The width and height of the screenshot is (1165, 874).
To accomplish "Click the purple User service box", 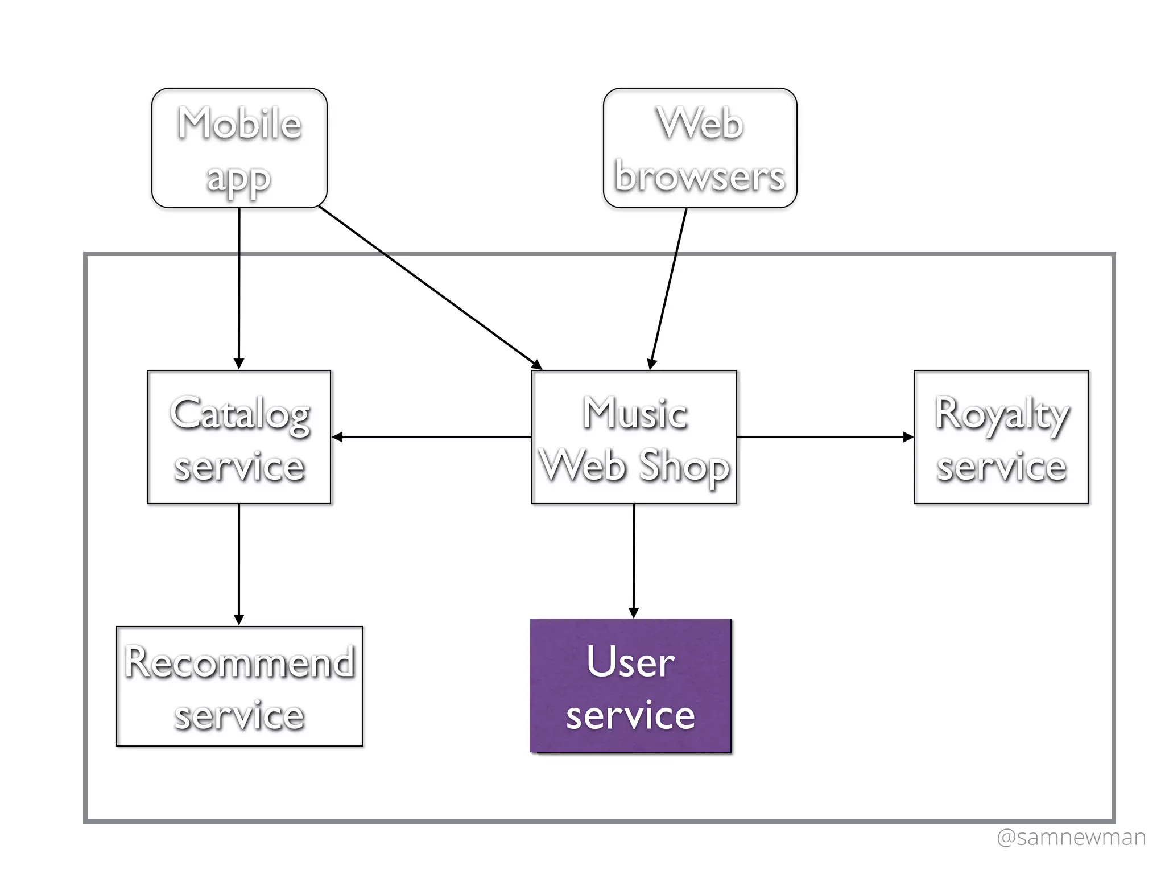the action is [x=630, y=686].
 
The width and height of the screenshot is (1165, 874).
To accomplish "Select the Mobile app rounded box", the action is [x=239, y=148].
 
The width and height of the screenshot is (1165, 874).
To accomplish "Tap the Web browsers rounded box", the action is [x=700, y=148].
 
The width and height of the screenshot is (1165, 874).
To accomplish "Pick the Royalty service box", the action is [x=1001, y=437].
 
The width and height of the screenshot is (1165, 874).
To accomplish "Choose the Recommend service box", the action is [x=239, y=686].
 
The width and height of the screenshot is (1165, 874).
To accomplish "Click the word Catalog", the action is [x=240, y=414].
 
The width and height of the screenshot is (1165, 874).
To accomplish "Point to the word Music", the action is [x=635, y=413].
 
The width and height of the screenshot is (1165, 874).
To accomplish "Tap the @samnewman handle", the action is [x=1071, y=837].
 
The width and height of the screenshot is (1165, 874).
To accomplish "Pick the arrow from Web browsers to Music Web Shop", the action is [x=668, y=287].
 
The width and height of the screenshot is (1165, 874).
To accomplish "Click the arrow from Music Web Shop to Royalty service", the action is [x=825, y=437].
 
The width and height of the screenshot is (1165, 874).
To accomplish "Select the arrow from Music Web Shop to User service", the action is [x=634, y=560].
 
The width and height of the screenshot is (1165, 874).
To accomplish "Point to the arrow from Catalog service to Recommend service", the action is [x=239, y=563].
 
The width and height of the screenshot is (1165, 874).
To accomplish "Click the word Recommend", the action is [x=239, y=662].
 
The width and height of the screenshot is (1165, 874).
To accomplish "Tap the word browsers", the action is [x=700, y=176].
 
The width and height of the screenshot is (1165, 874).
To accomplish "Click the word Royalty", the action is [x=1002, y=414].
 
